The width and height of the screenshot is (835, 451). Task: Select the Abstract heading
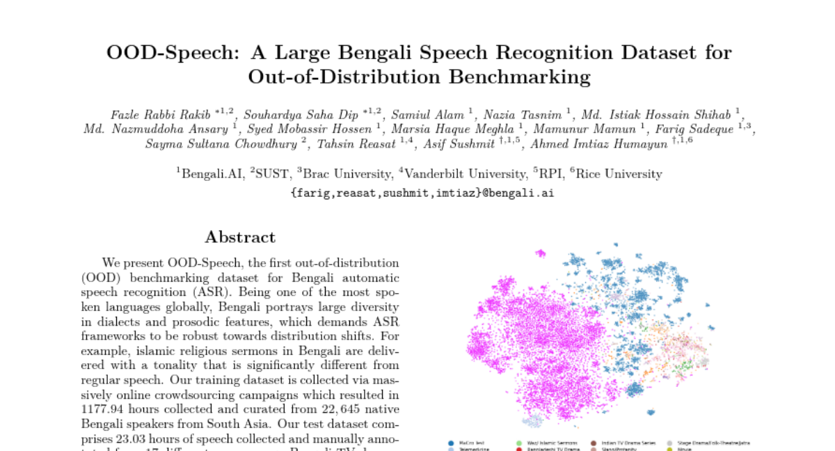point(240,237)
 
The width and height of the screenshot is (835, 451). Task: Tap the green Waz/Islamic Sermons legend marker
point(519,443)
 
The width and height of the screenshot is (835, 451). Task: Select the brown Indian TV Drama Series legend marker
point(594,443)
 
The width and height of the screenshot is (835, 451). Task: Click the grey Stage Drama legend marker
point(669,443)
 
